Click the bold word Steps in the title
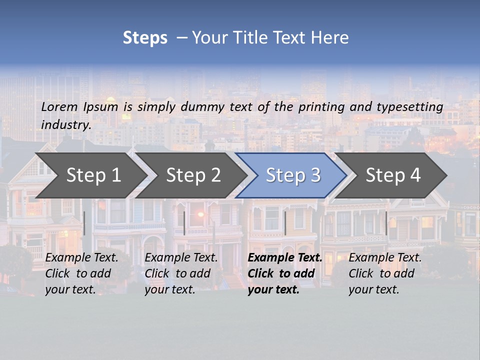(145, 38)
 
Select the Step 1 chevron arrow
(90, 175)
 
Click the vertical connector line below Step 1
(84, 223)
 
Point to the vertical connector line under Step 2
(184, 223)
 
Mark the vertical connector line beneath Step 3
(285, 223)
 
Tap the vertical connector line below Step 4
(386, 223)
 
